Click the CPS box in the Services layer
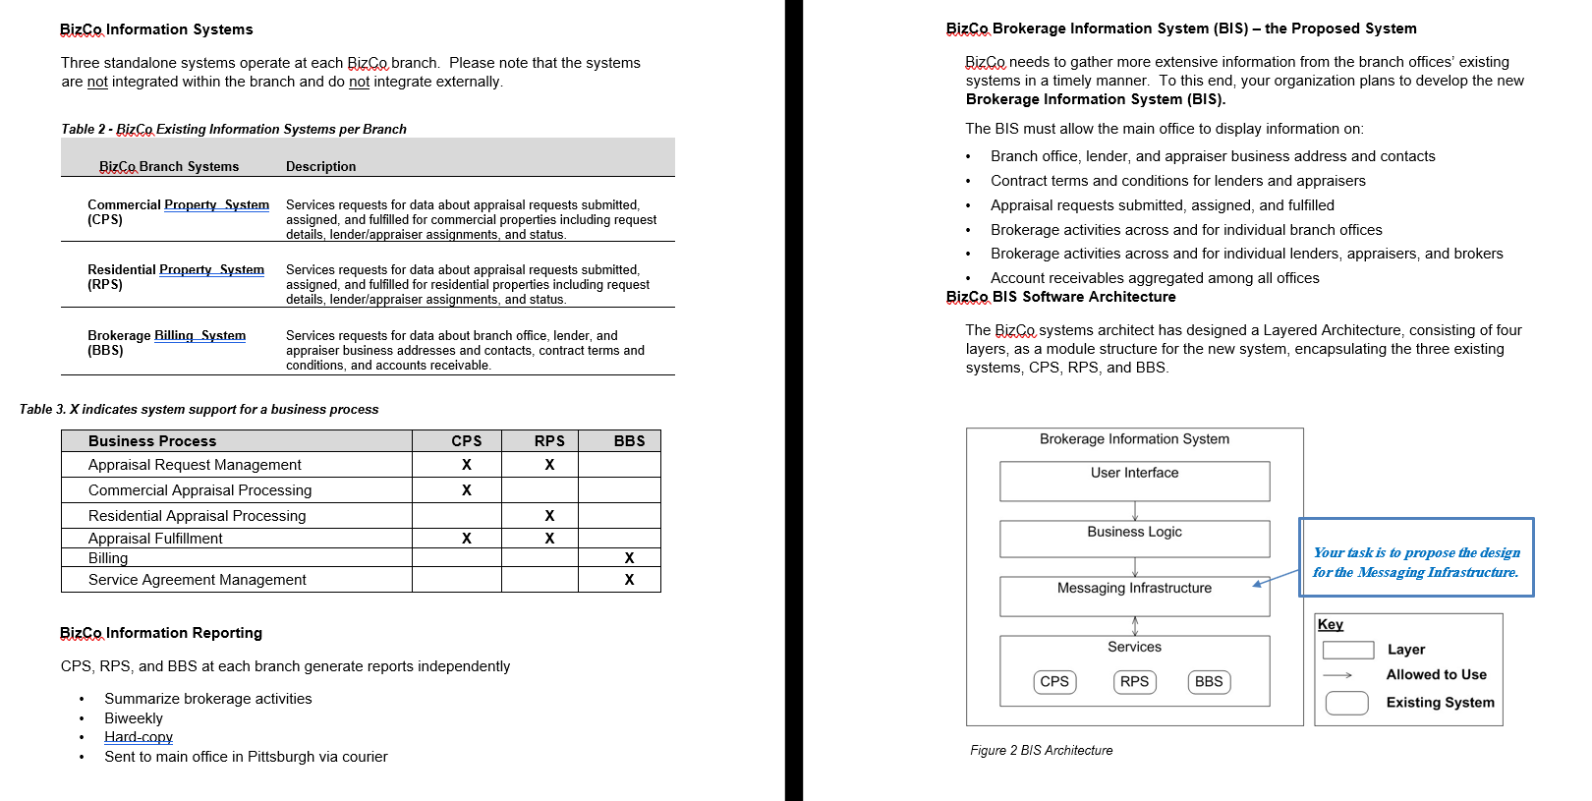coord(1054,681)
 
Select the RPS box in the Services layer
coord(1134,681)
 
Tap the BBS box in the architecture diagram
coord(1209,681)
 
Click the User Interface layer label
coord(1134,473)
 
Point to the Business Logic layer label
coord(1134,532)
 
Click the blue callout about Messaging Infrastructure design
coord(1415,561)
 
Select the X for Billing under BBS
coord(629,558)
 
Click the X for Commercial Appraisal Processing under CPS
coord(466,490)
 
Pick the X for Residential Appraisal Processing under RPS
coord(549,516)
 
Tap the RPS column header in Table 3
coord(549,441)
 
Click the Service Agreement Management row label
coord(197,580)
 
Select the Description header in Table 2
coord(320,167)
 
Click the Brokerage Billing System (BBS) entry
coord(166,342)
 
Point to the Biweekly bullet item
coord(134,718)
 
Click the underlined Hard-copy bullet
coord(139,737)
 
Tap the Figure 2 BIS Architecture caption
coord(1041,750)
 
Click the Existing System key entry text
coord(1440,703)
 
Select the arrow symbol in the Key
coord(1337,675)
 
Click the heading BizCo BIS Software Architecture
coord(1060,297)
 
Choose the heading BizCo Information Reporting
coord(161,633)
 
